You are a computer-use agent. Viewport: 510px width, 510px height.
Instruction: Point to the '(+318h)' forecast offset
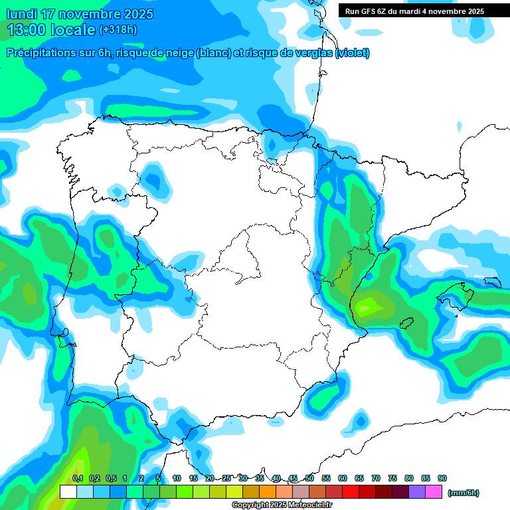click(x=118, y=30)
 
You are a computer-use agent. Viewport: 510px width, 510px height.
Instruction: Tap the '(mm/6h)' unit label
click(x=464, y=493)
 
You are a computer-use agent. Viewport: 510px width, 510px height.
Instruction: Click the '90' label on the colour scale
click(x=442, y=478)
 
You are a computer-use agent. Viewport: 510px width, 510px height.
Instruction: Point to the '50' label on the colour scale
click(x=309, y=478)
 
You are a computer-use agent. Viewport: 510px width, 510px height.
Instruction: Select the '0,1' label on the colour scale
click(x=77, y=478)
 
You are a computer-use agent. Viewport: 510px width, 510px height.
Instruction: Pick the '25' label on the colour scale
click(x=226, y=478)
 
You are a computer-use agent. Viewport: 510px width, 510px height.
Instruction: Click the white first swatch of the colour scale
click(x=68, y=492)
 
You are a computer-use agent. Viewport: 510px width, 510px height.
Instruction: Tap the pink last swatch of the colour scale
click(x=434, y=492)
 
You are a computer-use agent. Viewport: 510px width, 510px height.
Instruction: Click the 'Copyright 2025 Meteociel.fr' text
click(x=282, y=505)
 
